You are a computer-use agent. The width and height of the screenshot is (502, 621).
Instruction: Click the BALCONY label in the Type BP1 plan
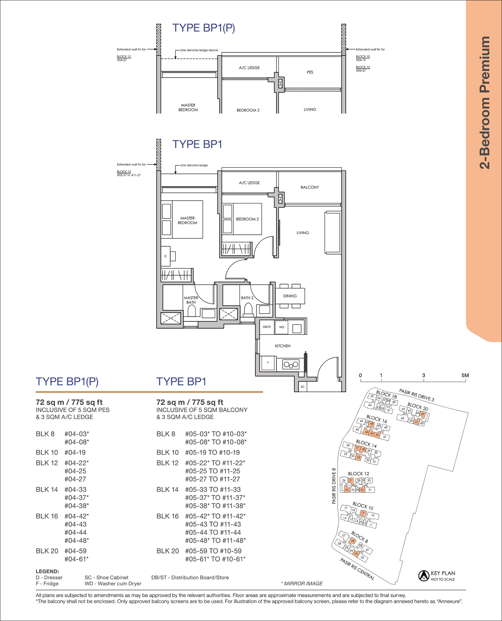[310, 187]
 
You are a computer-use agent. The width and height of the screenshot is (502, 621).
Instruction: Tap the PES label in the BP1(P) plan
[310, 72]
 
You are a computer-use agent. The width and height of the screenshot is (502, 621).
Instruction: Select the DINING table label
[290, 296]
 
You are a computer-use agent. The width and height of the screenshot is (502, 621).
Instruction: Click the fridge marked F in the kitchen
[268, 363]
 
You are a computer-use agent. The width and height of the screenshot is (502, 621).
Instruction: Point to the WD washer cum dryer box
[282, 327]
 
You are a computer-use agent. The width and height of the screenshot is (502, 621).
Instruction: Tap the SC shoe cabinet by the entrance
[302, 387]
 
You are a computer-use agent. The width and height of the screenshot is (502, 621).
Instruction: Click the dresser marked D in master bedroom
[165, 256]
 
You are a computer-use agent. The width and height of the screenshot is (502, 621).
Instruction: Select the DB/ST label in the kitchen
[267, 327]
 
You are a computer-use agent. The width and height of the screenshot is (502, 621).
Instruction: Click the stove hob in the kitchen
[291, 364]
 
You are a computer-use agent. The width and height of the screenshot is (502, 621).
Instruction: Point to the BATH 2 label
[247, 298]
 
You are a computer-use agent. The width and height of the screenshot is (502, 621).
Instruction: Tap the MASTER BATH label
[191, 300]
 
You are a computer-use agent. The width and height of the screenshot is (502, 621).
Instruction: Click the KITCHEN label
[283, 346]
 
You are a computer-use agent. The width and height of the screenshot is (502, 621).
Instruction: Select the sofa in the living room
[333, 233]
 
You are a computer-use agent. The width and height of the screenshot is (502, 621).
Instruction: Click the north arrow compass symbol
[424, 576]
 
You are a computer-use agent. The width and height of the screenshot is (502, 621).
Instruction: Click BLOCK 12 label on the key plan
[359, 474]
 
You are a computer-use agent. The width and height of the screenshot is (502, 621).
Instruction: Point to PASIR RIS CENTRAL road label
[357, 569]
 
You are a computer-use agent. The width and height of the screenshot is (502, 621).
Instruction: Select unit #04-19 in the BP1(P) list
[75, 453]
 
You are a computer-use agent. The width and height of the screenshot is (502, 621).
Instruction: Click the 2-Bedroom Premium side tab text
[485, 103]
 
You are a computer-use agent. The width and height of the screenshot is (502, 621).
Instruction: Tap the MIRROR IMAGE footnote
[302, 584]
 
